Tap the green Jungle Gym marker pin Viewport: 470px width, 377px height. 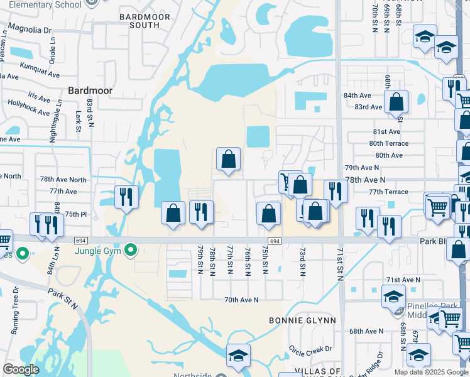[131, 251]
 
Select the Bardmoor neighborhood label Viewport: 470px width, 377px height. [90, 90]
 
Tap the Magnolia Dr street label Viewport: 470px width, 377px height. [29, 30]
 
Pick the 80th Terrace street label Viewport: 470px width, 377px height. [391, 143]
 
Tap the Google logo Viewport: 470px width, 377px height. [21, 370]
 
